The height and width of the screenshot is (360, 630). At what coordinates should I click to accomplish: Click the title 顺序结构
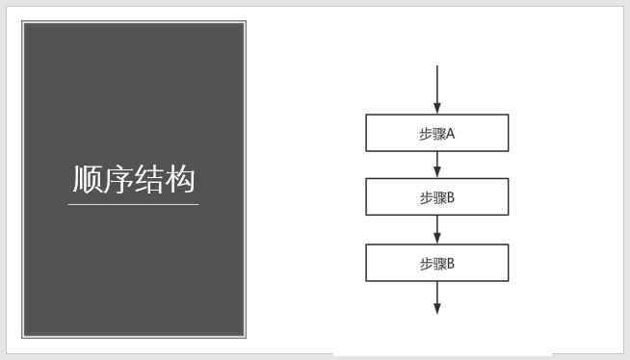134,180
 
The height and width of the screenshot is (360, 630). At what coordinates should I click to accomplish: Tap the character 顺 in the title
88,180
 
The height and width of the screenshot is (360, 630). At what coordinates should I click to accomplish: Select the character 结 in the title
150,180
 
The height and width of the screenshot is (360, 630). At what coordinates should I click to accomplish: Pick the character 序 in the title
118,180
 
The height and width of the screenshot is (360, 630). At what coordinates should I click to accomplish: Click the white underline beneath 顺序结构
134,204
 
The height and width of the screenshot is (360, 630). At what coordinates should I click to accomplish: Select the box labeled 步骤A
436,133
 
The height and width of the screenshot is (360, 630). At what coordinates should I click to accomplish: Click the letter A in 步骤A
450,134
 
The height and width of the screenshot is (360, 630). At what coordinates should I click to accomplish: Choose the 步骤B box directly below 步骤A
436,197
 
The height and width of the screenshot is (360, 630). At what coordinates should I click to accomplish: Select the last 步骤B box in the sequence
436,263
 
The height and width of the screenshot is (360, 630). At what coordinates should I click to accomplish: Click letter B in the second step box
450,198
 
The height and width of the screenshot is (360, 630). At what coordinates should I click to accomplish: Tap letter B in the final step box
450,264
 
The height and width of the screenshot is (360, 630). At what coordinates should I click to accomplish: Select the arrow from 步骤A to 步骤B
436,165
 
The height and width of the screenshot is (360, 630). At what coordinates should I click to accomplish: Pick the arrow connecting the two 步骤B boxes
436,230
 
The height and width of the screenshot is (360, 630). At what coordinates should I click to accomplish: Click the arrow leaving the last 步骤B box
436,296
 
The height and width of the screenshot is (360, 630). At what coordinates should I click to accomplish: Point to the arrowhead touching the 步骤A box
436,109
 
